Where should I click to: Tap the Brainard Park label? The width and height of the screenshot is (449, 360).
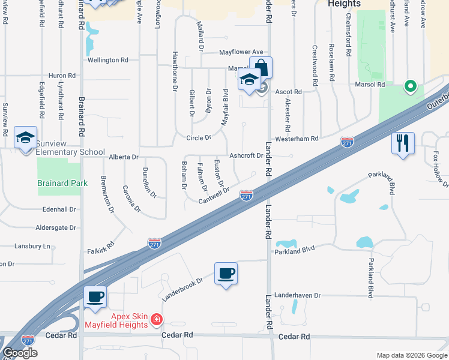[x=62, y=183]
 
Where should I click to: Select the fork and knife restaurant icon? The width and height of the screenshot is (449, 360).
[x=403, y=143]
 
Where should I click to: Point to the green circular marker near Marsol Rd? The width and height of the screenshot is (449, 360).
[x=411, y=86]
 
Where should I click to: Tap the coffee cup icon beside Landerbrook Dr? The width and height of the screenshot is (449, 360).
[x=226, y=274]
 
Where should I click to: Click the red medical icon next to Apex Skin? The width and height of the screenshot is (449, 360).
[x=156, y=319]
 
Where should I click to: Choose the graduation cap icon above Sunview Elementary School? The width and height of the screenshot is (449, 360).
[x=25, y=137]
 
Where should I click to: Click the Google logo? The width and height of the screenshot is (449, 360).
[x=20, y=352]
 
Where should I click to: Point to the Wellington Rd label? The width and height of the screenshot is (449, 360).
[x=108, y=60]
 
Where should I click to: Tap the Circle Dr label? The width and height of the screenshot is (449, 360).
[x=199, y=137]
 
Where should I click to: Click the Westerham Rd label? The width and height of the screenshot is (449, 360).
[x=297, y=139]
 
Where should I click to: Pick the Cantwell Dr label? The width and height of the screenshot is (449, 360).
[x=214, y=196]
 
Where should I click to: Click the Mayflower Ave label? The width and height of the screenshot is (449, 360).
[x=241, y=52]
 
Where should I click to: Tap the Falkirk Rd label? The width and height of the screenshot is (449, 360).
[x=100, y=250]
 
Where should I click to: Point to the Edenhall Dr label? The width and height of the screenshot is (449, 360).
[x=59, y=209]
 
